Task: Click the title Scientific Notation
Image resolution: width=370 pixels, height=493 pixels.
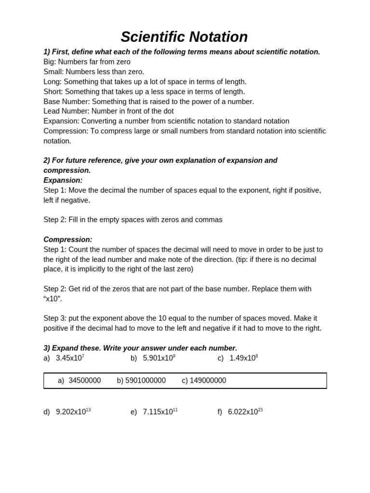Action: pos(184,37)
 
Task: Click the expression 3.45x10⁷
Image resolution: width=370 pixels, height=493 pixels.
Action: pos(70,358)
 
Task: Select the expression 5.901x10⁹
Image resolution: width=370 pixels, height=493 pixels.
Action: pos(159,358)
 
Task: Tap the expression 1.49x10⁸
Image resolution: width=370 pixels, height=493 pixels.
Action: pos(244,358)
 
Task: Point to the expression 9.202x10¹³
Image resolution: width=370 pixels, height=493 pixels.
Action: pos(73,412)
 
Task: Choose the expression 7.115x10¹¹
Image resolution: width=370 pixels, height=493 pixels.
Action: pos(160,412)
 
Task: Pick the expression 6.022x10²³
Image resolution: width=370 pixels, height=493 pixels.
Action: pos(245,412)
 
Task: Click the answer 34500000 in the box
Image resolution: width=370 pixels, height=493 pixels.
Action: pos(85,380)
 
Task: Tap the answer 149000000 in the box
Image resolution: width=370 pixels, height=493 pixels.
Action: pos(208,380)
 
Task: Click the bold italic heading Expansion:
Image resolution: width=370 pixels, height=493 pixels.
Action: pos(63,180)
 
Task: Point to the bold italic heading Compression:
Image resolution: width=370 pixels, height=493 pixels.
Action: pos(68,239)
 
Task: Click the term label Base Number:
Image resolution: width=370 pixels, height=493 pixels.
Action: pos(66,102)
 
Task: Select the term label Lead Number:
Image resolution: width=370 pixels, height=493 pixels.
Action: pos(66,111)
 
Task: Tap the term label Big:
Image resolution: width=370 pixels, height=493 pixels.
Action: pos(50,62)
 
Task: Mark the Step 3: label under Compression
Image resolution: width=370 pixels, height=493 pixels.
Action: pos(55,318)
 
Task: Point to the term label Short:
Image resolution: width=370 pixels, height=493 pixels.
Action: pos(53,91)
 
